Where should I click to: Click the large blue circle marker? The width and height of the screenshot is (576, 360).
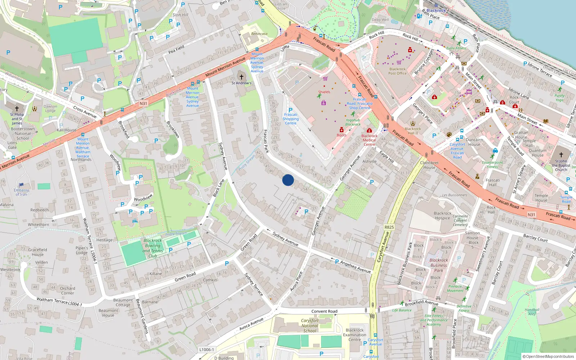pos(288,180)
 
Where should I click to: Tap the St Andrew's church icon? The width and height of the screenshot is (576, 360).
pos(242,77)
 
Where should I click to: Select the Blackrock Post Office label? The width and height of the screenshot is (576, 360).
pos(397,71)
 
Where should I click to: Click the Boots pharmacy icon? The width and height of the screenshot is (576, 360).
pos(342,130)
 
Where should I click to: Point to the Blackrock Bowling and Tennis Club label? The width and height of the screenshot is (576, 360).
pos(153,248)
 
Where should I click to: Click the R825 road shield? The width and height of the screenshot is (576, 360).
pos(389,227)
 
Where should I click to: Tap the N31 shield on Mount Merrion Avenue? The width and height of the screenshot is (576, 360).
pos(143,104)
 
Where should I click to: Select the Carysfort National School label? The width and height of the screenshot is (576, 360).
pos(310,325)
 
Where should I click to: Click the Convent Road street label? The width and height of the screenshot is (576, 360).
pos(324,311)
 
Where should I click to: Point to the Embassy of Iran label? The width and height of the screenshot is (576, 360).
pos(21,192)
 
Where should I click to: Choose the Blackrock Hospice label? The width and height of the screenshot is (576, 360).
pos(442,216)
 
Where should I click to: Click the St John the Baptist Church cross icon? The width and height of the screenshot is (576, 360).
pos(561,155)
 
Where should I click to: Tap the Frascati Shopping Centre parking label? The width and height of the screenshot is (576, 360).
pos(291,119)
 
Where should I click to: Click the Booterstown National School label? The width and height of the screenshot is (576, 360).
pos(23,133)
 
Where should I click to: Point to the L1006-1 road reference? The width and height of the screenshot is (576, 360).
pos(207,350)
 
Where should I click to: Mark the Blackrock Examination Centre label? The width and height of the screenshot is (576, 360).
pos(355,335)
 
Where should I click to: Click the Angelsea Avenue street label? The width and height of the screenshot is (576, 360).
pos(355,267)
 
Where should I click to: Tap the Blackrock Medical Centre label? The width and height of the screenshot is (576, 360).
pos(369,140)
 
